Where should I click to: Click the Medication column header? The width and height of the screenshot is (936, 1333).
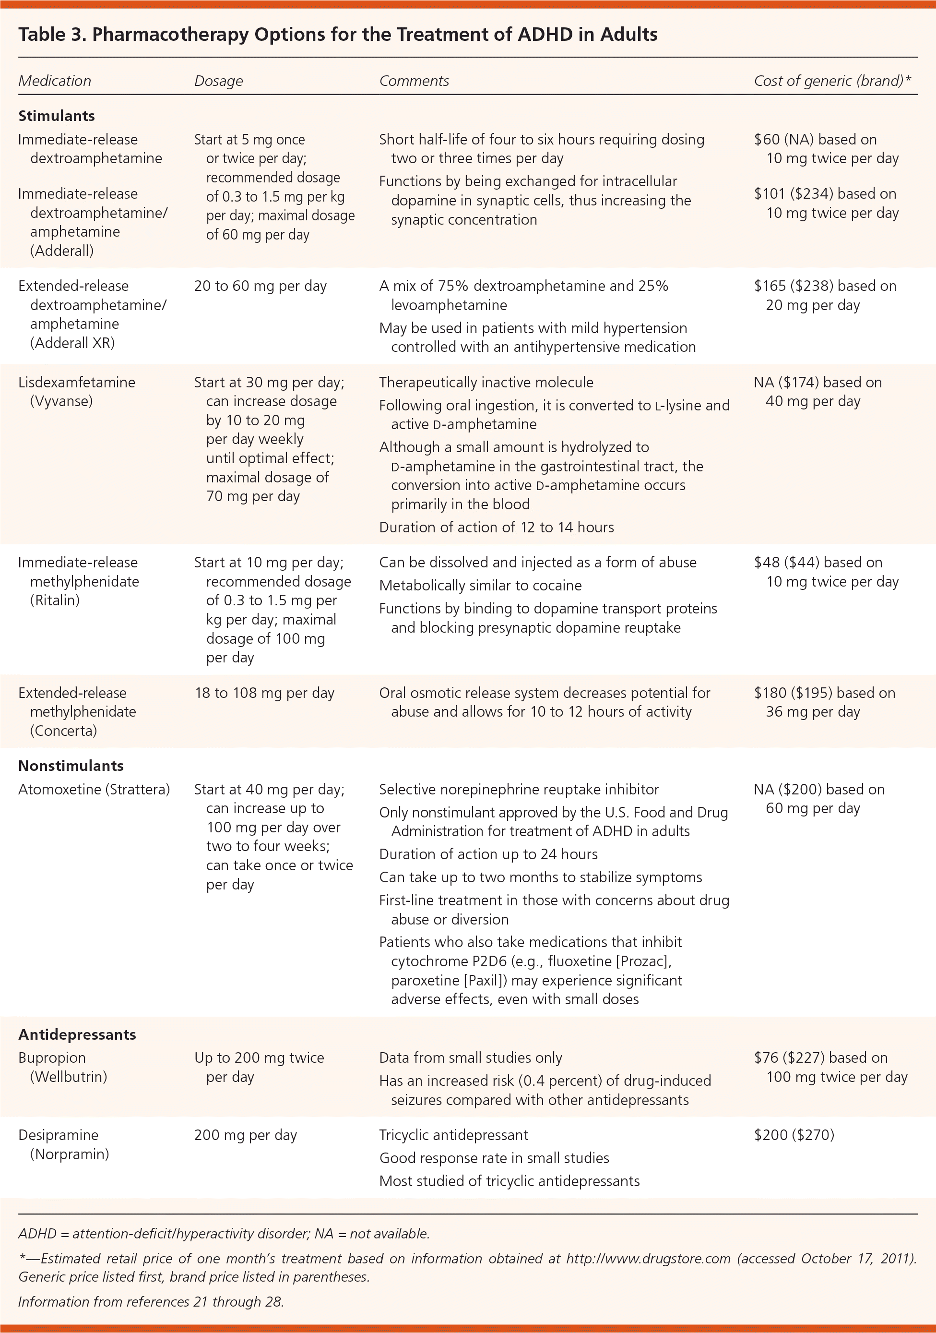(55, 81)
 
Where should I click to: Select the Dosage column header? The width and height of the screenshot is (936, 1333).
(218, 81)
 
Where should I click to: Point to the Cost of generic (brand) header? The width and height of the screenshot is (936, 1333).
(831, 81)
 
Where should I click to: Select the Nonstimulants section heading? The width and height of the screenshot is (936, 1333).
(71, 765)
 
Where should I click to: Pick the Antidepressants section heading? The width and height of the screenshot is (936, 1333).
(77, 1034)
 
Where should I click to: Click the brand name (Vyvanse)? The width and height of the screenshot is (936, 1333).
(61, 401)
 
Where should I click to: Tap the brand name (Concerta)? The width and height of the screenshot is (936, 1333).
(63, 731)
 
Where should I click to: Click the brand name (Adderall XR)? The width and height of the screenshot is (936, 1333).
(72, 343)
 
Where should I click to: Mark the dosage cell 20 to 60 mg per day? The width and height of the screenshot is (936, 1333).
(261, 286)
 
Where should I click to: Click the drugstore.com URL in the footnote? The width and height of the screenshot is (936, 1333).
(648, 1259)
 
